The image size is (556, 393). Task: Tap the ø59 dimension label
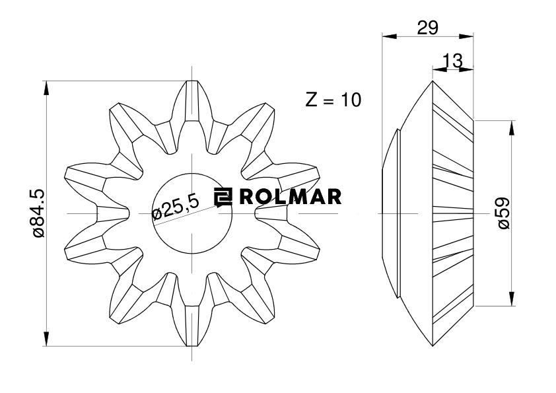point(504,213)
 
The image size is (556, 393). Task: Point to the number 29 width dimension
point(429,27)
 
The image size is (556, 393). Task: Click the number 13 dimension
point(453,61)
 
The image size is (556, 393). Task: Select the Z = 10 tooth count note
point(333,100)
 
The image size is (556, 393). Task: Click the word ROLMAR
point(291,196)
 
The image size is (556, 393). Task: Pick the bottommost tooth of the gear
point(191,330)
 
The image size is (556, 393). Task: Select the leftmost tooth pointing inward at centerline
point(112,213)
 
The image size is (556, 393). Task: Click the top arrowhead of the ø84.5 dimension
point(46,85)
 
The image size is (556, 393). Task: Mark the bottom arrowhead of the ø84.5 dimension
point(46,341)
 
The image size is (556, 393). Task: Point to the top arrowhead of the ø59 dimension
point(512,125)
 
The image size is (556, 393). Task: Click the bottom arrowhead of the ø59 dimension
point(512,301)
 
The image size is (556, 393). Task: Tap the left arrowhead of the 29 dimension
point(387,36)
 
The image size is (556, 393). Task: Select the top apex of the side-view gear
point(433,82)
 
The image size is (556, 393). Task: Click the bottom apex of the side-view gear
point(433,344)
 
